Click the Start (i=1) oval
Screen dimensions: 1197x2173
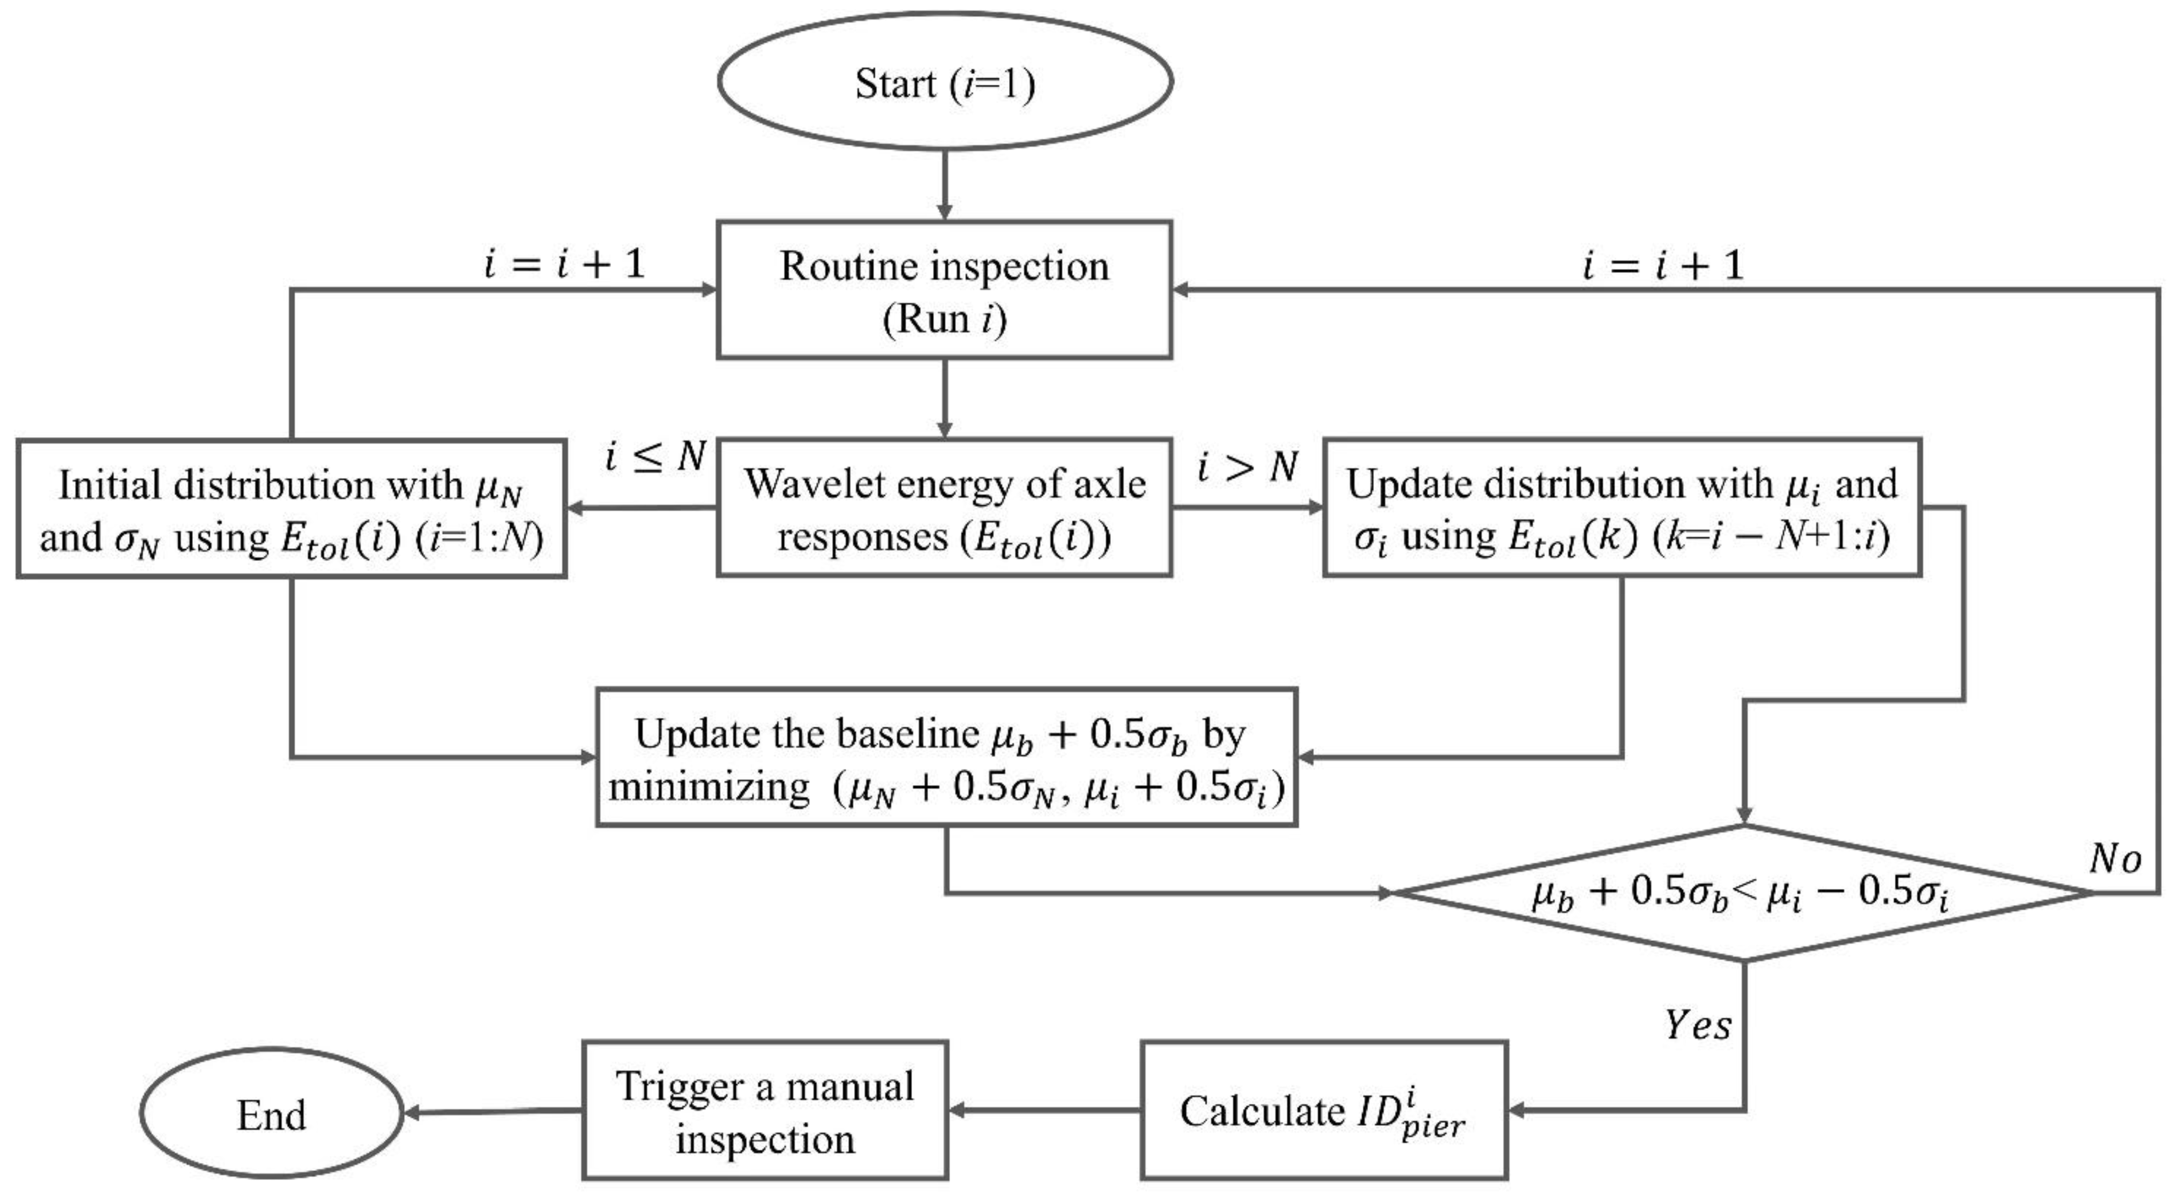click(x=945, y=82)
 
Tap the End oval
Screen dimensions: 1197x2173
click(x=271, y=1113)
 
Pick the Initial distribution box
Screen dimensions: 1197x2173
click(x=291, y=508)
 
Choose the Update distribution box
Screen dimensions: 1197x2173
click(x=1622, y=508)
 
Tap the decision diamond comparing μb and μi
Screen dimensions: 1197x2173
click(x=1743, y=893)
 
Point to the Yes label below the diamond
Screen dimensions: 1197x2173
click(x=1697, y=1026)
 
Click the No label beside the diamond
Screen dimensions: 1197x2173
click(x=2114, y=859)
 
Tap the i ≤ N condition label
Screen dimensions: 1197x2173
click(x=655, y=457)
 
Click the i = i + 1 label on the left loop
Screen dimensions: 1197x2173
click(x=564, y=264)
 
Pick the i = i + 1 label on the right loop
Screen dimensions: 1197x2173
click(x=1663, y=265)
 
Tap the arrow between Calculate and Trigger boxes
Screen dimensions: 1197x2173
click(x=1044, y=1110)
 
